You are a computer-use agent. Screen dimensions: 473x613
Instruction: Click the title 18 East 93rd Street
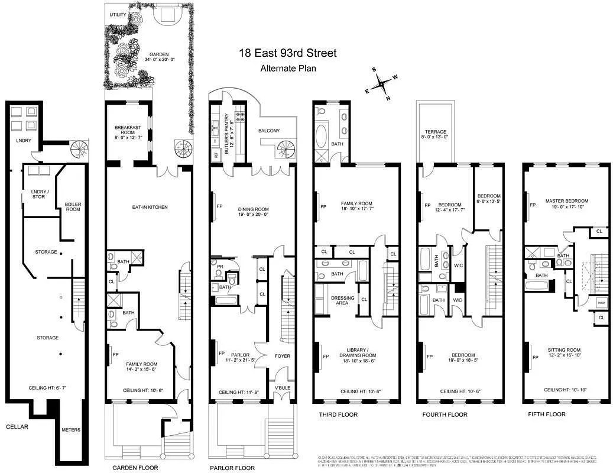tap(288, 53)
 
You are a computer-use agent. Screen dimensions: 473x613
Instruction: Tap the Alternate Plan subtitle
tap(288, 68)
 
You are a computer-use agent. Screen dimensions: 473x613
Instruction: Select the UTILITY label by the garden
tap(118, 14)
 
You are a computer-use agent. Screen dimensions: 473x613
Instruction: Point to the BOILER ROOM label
tap(73, 207)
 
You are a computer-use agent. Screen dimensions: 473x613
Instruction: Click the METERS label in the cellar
tap(71, 430)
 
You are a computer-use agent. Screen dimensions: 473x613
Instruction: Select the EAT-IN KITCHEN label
tap(150, 208)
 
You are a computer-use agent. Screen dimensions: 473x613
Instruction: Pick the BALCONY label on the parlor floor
tap(269, 131)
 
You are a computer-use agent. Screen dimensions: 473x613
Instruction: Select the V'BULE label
tap(283, 388)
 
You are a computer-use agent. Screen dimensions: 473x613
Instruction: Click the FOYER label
tap(283, 356)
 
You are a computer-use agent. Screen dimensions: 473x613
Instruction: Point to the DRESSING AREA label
tap(343, 300)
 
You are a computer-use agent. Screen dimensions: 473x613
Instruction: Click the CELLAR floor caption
tap(17, 426)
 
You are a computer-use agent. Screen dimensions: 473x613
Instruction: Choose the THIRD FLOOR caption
tap(338, 414)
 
